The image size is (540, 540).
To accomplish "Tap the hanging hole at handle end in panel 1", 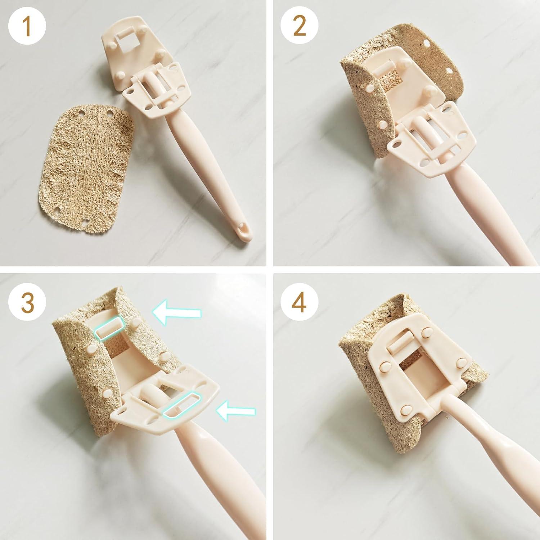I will coord(245,228).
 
